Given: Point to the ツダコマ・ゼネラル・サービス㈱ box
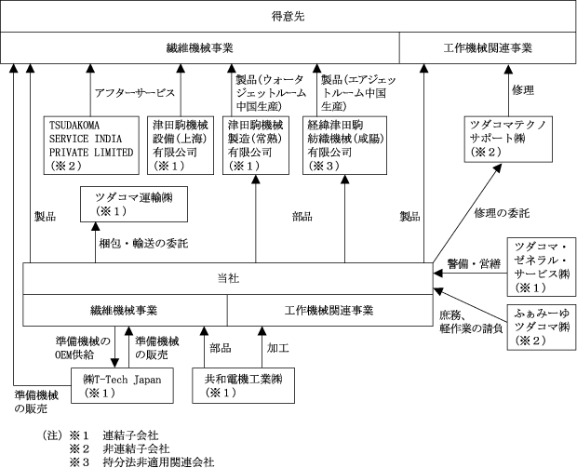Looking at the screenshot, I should pos(539,265).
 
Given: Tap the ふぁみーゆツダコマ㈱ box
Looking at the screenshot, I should pos(539,323).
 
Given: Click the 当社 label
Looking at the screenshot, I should pos(227,278).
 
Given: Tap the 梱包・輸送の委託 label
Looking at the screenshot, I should pos(144,244).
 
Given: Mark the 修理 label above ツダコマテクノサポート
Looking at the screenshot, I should pos(524,89).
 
